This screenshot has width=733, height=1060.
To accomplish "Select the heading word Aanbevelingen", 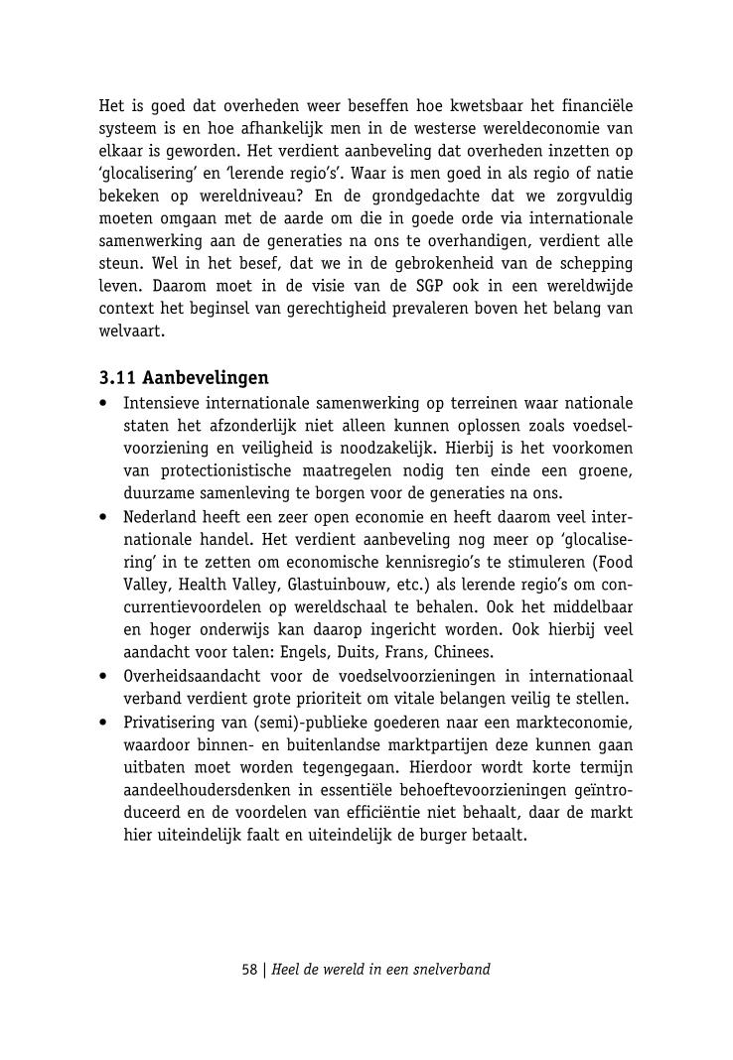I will pos(206,378).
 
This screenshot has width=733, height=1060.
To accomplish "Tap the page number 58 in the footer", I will pos(249,969).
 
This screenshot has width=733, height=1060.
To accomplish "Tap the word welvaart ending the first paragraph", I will pos(131,332).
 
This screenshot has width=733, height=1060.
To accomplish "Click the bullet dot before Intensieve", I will pos(104,404).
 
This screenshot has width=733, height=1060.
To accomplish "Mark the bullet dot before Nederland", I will pos(104,517).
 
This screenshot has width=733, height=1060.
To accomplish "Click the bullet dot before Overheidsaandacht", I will pos(104,677).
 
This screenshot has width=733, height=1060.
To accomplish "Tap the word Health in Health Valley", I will pos(209,586).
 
